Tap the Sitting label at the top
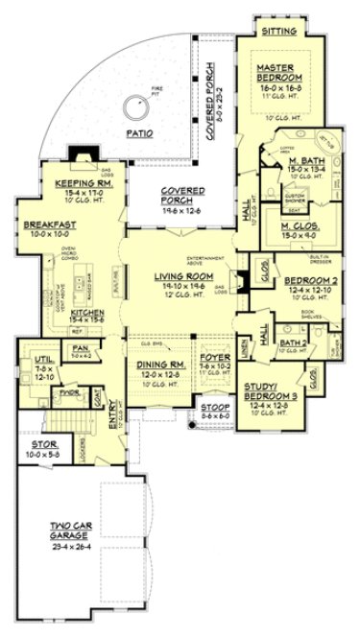point(279,32)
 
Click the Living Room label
point(180,276)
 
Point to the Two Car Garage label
point(77,531)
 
